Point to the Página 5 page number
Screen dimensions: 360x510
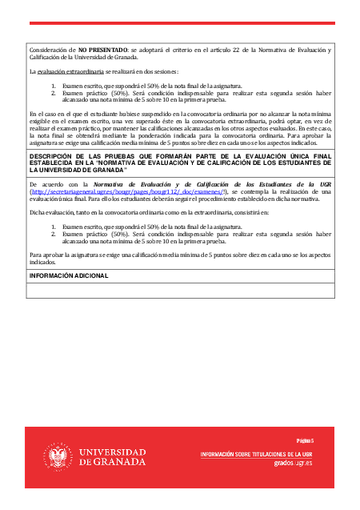tap(305, 441)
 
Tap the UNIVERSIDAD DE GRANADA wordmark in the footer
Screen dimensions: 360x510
tap(112, 457)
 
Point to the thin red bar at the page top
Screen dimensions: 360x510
tap(180, 23)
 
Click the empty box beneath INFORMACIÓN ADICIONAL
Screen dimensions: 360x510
tap(180, 291)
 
